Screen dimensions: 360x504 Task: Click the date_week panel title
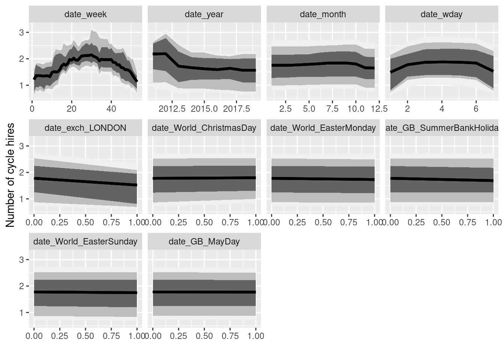(x=85, y=15)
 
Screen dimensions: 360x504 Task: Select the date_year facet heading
(x=204, y=15)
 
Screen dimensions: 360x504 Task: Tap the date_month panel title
(x=323, y=15)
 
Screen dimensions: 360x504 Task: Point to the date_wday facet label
(x=441, y=15)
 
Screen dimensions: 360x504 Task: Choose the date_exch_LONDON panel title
(x=85, y=128)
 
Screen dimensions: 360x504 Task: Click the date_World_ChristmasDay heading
(x=204, y=128)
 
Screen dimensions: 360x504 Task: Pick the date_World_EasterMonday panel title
(x=323, y=128)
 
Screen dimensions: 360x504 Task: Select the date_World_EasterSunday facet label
(x=85, y=242)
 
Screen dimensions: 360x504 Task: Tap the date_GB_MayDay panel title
(x=204, y=242)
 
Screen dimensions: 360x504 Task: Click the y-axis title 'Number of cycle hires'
(x=10, y=175)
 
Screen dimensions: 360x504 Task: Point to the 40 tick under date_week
(x=111, y=109)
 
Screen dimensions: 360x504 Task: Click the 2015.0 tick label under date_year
(x=204, y=109)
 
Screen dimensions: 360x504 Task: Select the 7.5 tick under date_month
(x=332, y=109)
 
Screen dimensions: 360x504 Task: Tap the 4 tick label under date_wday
(x=442, y=109)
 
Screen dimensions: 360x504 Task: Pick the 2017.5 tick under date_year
(x=237, y=109)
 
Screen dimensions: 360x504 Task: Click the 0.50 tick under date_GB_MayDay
(x=204, y=336)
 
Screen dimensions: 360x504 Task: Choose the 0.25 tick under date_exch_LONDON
(x=60, y=222)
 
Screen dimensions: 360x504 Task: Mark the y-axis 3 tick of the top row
(x=22, y=33)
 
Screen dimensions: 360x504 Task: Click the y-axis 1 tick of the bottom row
(x=22, y=313)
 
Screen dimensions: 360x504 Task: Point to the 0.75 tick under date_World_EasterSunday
(x=111, y=336)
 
